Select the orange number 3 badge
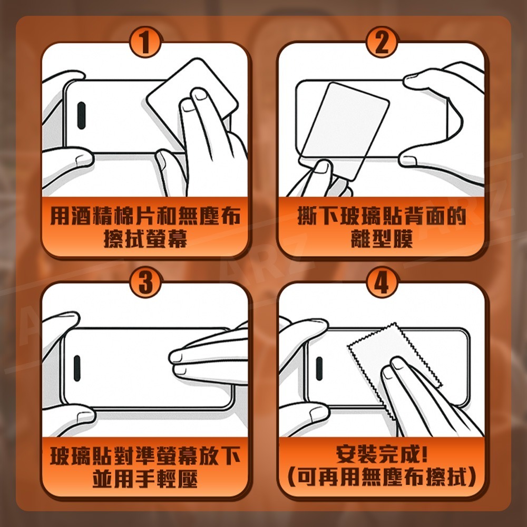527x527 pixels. coord(145,284)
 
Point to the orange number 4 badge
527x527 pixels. coord(381,284)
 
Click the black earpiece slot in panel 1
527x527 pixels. coord(82,114)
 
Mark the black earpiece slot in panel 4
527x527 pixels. coord(318,367)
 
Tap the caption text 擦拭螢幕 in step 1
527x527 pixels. coord(145,240)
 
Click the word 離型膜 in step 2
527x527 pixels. coord(381,240)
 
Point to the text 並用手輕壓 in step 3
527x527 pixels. coord(145,479)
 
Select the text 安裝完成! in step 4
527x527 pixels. coord(381,454)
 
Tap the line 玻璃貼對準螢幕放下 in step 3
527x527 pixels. coord(145,455)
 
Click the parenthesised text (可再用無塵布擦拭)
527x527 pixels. coord(381,479)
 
